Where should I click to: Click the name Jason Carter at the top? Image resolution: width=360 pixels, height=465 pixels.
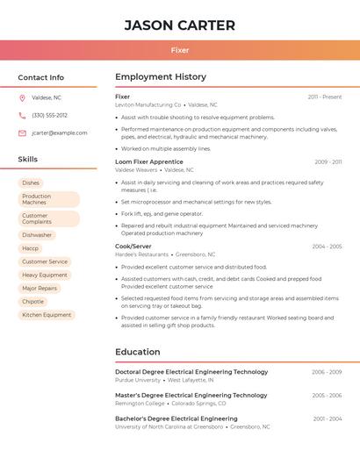coord(179,25)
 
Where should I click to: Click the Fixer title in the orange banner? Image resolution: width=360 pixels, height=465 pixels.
coord(179,50)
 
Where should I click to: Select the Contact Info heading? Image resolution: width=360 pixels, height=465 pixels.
coord(40,77)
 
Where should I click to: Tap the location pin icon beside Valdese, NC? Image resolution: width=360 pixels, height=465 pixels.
coord(22,97)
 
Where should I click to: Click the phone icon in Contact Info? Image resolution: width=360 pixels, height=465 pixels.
coord(22,115)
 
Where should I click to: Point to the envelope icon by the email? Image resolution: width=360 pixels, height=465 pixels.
coord(22,132)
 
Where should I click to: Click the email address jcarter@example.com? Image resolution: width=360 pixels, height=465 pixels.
coord(59,132)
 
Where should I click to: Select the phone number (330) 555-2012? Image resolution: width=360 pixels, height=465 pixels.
coord(49,115)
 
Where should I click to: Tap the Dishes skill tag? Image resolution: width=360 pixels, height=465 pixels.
coord(31,182)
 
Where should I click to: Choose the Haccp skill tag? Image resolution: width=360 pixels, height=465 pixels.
coord(31,248)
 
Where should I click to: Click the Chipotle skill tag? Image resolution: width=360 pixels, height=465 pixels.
coord(32,301)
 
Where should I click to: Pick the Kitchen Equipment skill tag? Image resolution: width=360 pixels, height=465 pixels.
coord(47,314)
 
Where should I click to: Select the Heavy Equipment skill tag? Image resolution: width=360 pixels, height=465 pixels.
coord(45,275)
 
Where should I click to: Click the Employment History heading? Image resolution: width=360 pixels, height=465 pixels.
coord(161,77)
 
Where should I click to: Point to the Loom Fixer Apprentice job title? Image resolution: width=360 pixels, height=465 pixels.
coord(149,161)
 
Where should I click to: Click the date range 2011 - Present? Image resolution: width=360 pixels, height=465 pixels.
coord(325,97)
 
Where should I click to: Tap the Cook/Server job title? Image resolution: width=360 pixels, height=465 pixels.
coord(133,247)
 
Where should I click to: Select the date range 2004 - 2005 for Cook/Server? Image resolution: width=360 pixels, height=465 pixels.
coord(327,247)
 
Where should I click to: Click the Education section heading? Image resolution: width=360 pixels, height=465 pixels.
coord(138,352)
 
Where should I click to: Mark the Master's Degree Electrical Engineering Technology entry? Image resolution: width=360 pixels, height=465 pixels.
coord(191,395)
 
